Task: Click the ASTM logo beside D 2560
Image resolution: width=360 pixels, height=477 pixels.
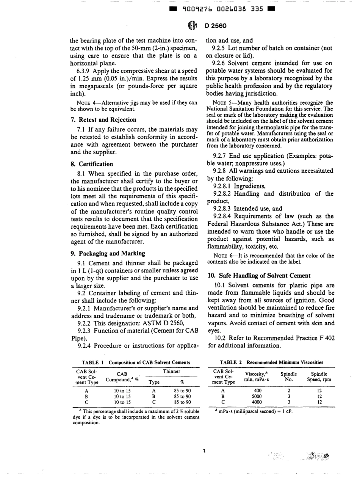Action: click(x=191, y=26)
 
